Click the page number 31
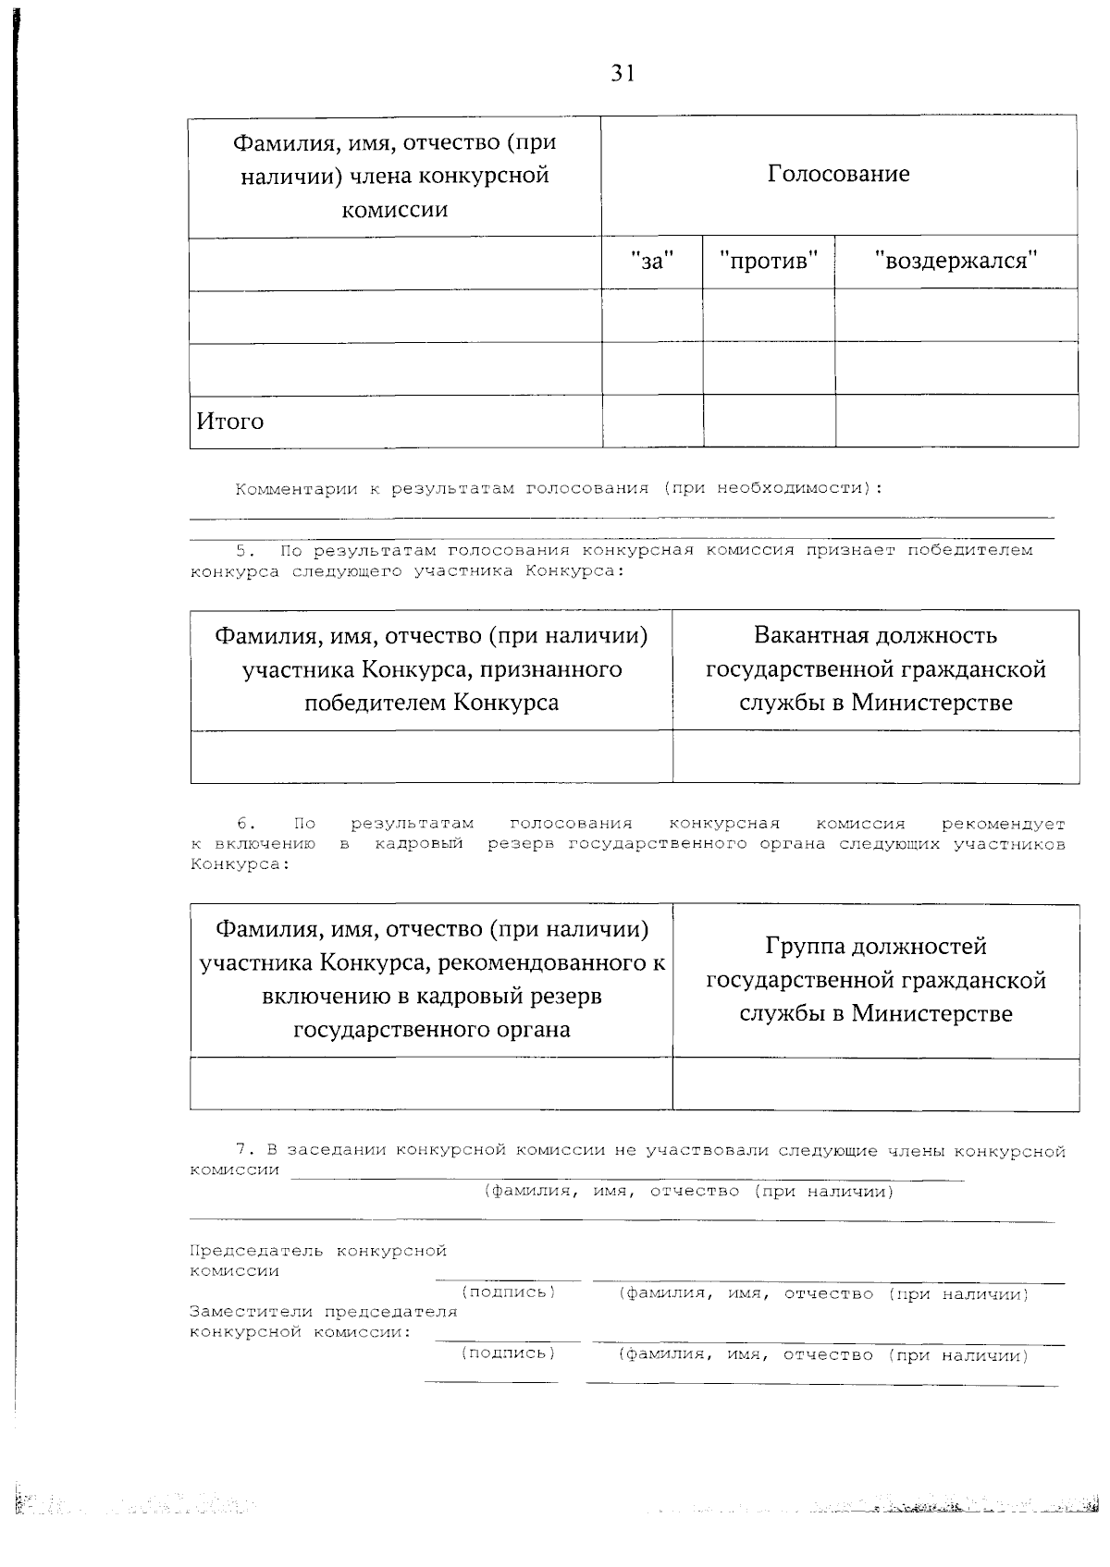tap(623, 74)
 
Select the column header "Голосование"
tap(838, 174)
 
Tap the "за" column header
tap(652, 262)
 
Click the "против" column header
tap(769, 262)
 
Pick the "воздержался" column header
tap(956, 262)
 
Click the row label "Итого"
tap(230, 422)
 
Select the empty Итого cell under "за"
tap(652, 422)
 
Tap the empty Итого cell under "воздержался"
tap(956, 422)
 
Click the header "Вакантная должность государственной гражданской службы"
tap(875, 668)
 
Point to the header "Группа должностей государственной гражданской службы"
tap(875, 980)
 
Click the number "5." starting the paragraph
tap(244, 551)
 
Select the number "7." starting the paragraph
tap(244, 1151)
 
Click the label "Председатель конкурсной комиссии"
tap(317, 1260)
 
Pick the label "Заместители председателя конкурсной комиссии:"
tap(323, 1322)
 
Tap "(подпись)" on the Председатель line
tap(508, 1292)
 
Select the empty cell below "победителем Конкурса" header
tap(431, 756)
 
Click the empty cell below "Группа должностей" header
tap(875, 1083)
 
